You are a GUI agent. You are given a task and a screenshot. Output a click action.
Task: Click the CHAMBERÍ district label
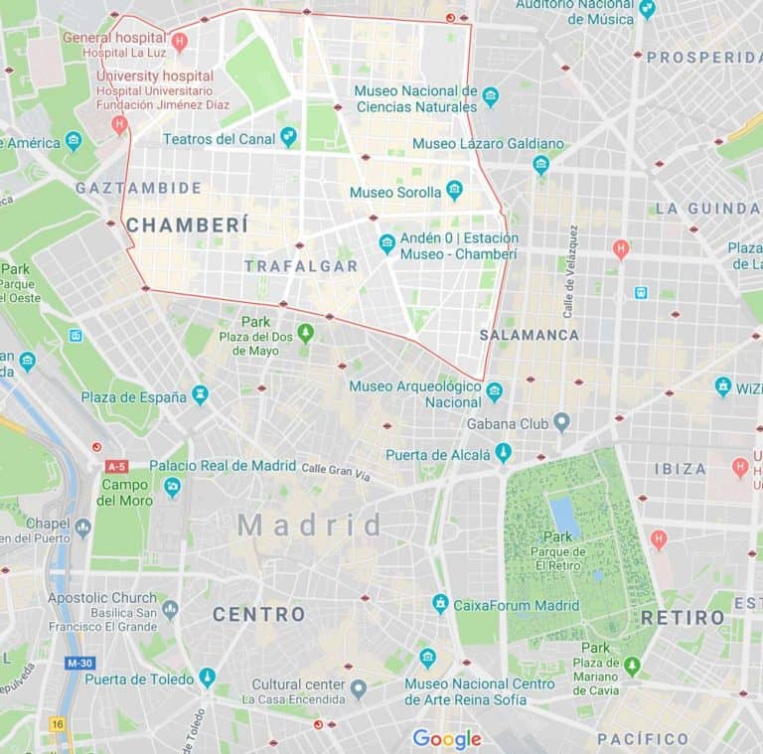click(x=187, y=226)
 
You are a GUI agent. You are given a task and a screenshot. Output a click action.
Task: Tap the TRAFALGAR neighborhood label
click(x=300, y=266)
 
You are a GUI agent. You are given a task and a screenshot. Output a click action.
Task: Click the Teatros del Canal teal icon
click(x=288, y=137)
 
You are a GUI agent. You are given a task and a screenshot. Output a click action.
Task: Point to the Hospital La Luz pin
click(x=179, y=41)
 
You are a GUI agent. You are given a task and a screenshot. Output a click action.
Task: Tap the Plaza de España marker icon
click(x=200, y=395)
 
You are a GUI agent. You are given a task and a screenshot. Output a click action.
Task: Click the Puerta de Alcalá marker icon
click(x=504, y=453)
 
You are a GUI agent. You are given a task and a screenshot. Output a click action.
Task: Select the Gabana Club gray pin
click(x=561, y=422)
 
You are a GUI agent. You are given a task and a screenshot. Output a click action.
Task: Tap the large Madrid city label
click(x=309, y=525)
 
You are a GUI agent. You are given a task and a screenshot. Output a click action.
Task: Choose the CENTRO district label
click(x=258, y=614)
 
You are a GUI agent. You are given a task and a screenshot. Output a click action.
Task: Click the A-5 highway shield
click(x=116, y=466)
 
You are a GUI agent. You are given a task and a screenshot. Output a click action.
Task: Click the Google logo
click(x=447, y=738)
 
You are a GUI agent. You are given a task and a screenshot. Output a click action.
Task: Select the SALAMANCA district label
click(x=529, y=335)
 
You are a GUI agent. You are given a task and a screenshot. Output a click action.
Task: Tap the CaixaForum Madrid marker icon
click(x=440, y=604)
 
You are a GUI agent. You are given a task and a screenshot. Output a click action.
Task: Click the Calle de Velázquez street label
click(x=571, y=271)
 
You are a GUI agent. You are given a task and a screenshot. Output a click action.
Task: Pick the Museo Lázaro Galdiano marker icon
click(x=540, y=164)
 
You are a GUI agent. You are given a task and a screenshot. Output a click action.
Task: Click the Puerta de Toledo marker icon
click(x=207, y=678)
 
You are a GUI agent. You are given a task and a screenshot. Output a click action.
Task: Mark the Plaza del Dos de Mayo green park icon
click(x=305, y=333)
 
